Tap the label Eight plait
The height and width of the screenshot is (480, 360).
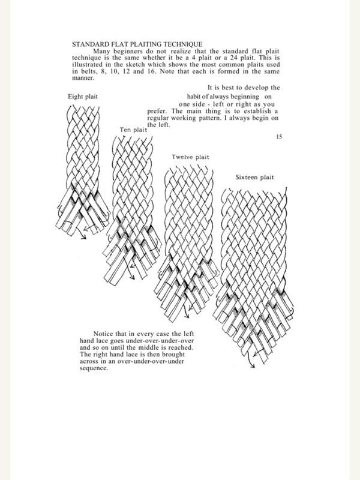pos(84,96)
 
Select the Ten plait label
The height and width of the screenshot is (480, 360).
pos(133,129)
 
